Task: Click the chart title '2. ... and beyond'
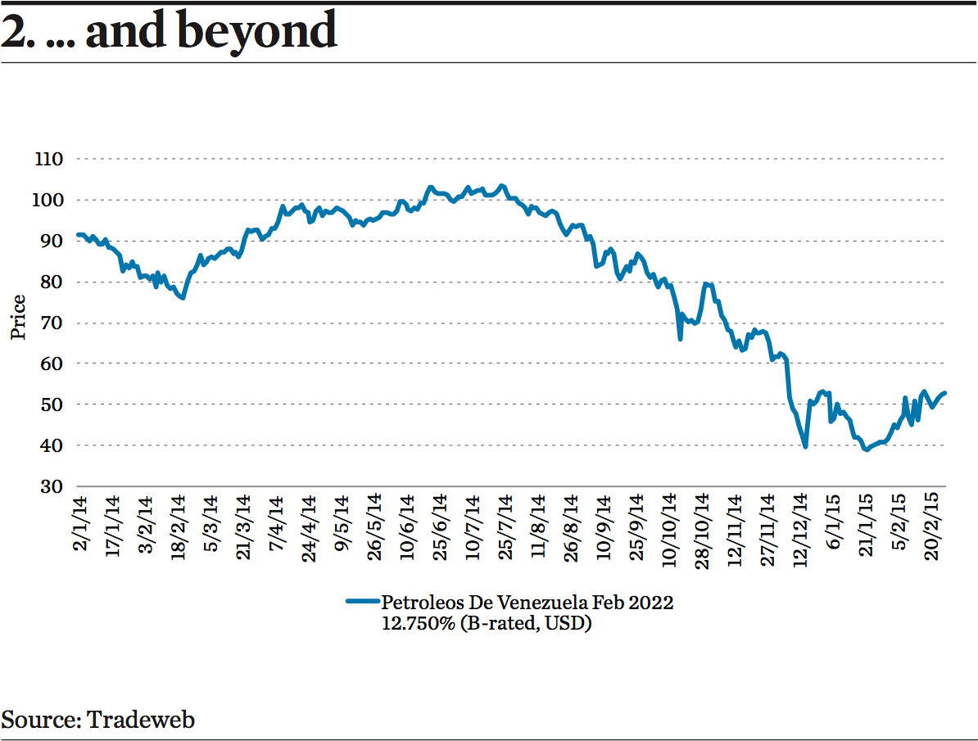click(x=169, y=31)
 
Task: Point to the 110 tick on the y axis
click(x=49, y=159)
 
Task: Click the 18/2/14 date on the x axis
click(x=179, y=525)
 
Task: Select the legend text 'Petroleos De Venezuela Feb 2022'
click(x=527, y=603)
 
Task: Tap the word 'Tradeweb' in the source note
click(x=141, y=720)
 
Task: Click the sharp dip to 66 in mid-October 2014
click(x=680, y=338)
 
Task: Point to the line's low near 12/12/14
click(x=806, y=446)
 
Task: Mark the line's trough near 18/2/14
click(x=183, y=298)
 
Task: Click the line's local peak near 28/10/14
click(x=705, y=284)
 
